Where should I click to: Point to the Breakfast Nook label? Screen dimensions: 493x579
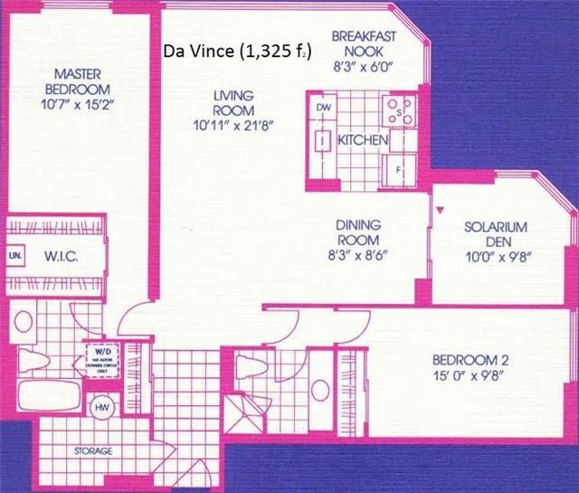point(361,43)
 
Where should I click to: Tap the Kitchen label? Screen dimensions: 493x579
point(364,141)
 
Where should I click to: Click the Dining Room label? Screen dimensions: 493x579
point(359,232)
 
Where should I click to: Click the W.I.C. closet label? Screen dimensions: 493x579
point(62,257)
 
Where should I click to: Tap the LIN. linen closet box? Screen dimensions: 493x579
point(15,256)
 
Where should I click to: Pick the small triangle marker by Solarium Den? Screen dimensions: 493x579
point(441,211)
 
